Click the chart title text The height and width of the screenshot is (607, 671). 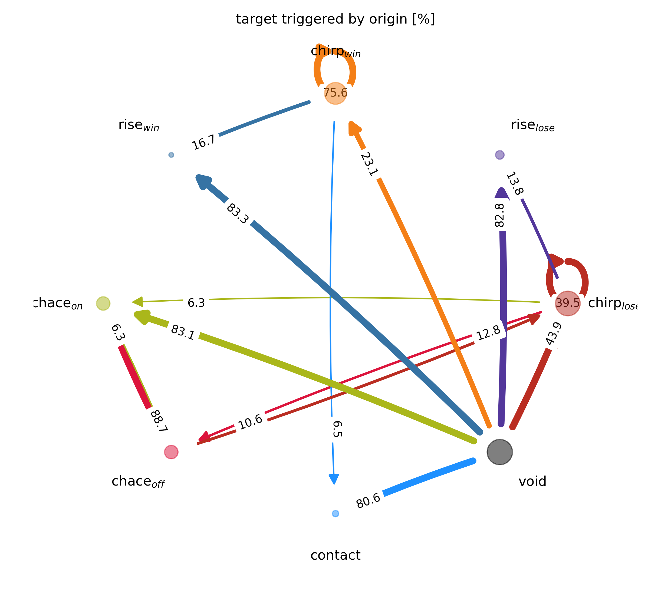click(x=335, y=19)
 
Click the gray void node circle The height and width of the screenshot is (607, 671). click(x=499, y=452)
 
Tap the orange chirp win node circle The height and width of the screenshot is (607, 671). click(x=335, y=93)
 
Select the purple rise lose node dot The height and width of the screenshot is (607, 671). click(x=499, y=155)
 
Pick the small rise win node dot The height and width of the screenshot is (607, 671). click(x=171, y=155)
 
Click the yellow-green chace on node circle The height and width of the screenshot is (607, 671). click(x=103, y=303)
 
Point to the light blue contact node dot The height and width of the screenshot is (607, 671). click(x=335, y=513)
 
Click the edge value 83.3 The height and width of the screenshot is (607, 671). click(x=237, y=214)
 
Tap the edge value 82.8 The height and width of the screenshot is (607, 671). click(x=499, y=215)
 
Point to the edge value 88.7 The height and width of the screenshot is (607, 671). click(x=159, y=421)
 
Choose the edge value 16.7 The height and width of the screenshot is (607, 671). click(x=204, y=143)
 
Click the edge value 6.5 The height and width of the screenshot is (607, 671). click(x=337, y=429)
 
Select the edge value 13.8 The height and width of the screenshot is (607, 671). click(x=515, y=183)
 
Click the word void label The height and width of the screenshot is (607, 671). click(x=532, y=481)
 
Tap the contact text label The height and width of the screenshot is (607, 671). click(x=335, y=555)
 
